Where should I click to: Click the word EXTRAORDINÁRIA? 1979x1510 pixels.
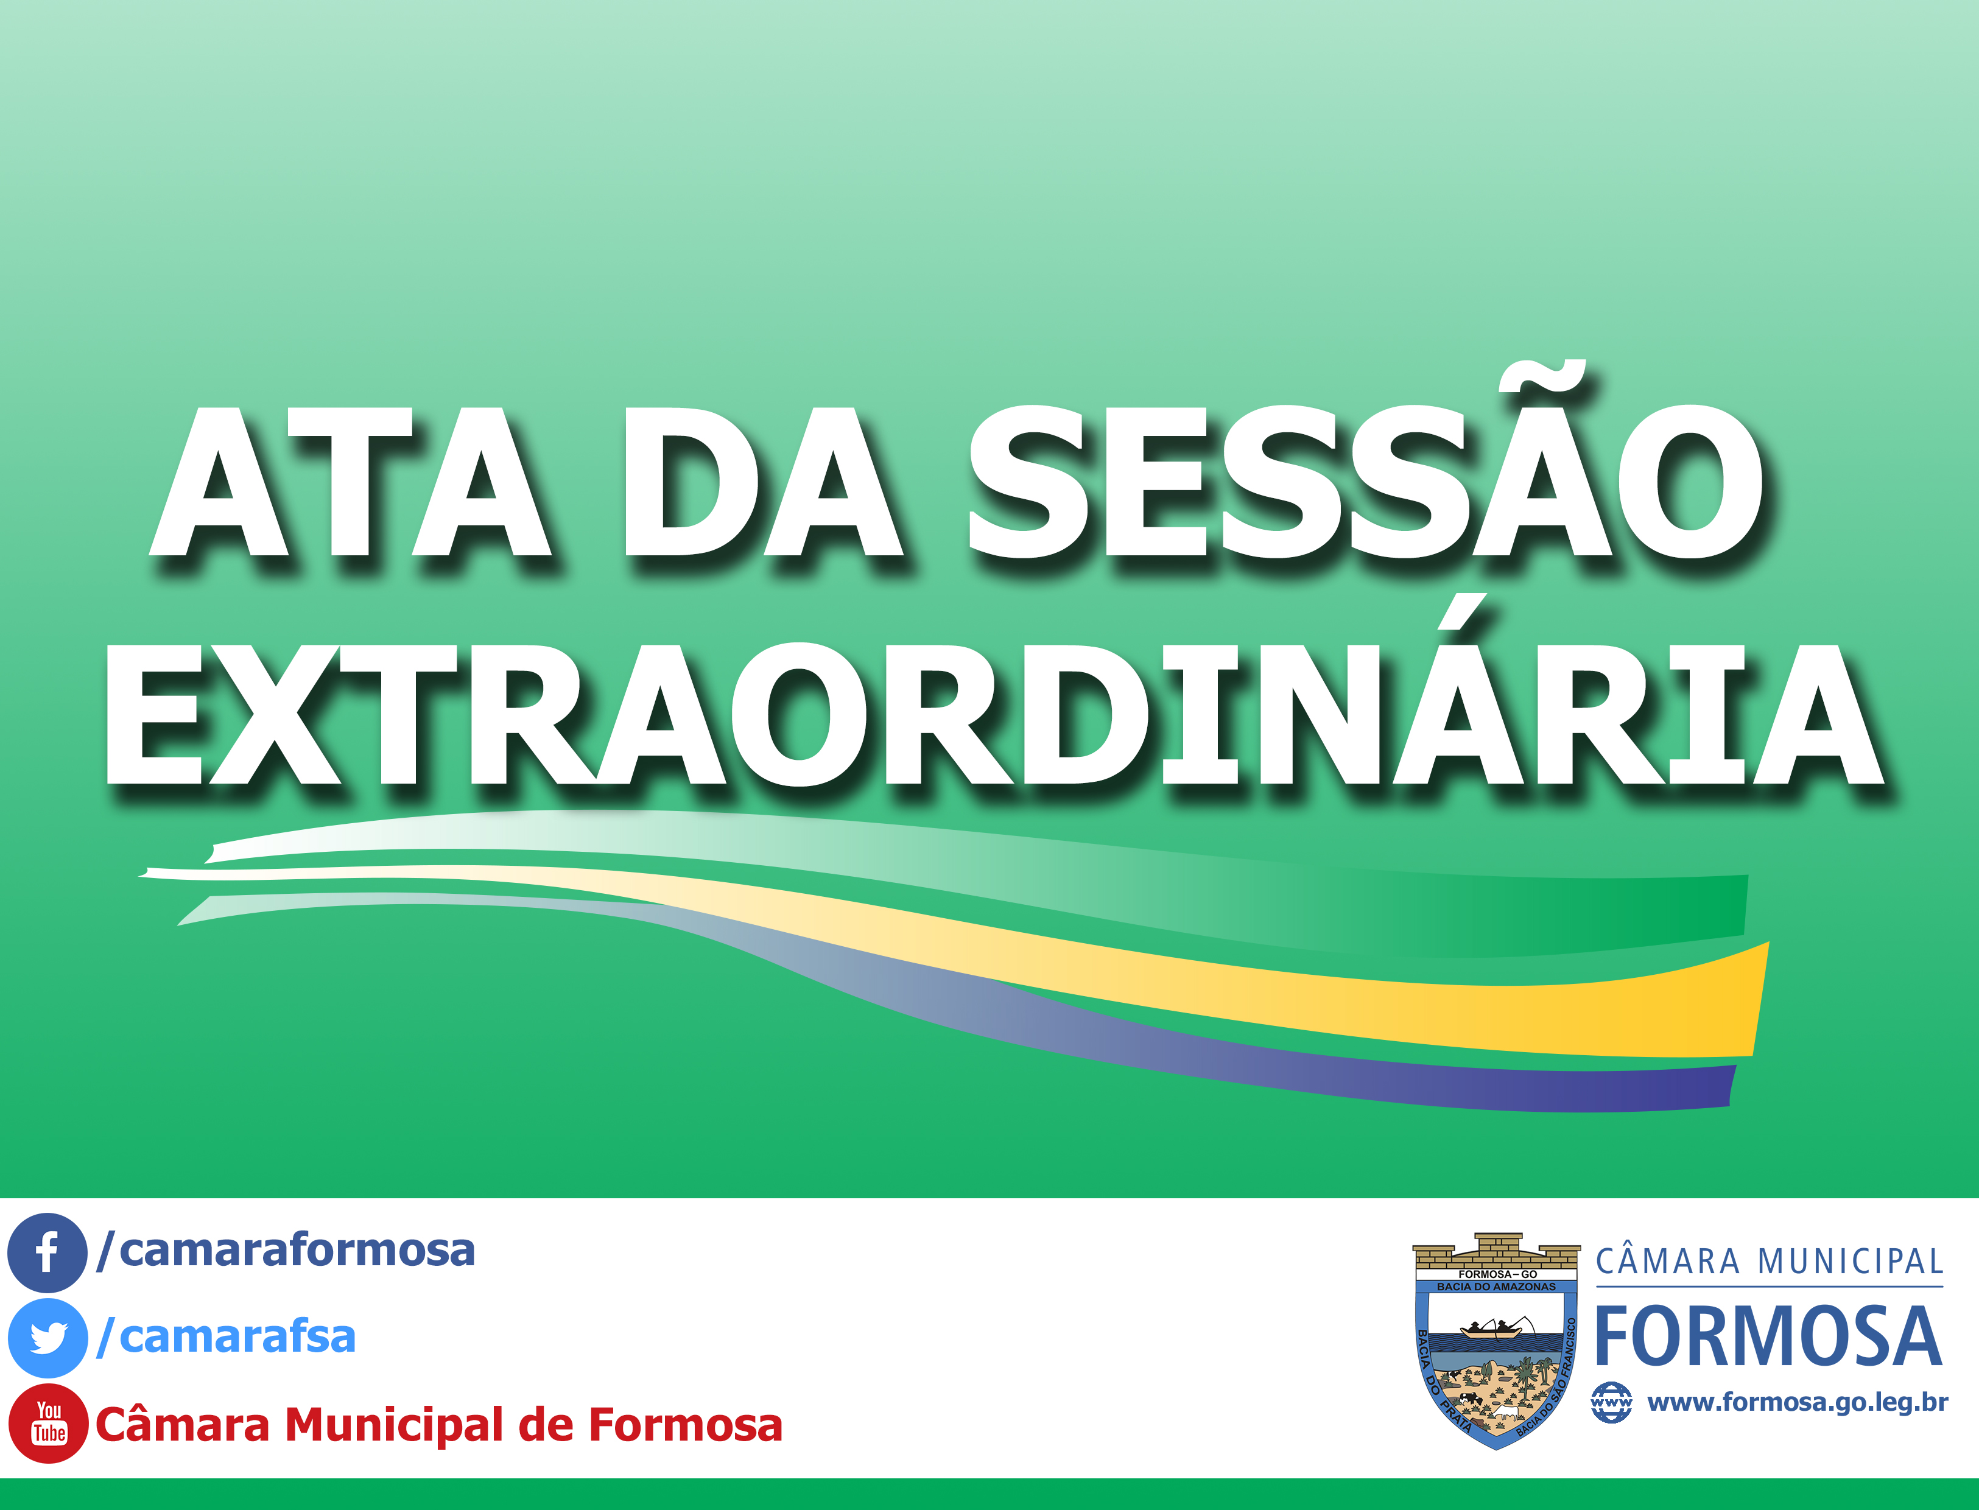994,715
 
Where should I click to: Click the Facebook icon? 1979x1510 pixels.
47,1252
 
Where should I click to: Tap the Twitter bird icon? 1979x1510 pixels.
47,1338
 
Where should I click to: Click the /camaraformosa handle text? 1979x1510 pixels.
286,1250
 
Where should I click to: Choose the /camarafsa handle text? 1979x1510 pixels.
227,1336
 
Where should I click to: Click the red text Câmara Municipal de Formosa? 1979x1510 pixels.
438,1425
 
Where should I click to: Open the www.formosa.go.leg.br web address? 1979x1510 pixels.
1798,1402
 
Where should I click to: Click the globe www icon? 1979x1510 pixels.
1611,1402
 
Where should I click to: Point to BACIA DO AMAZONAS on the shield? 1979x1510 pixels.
1496,1287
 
